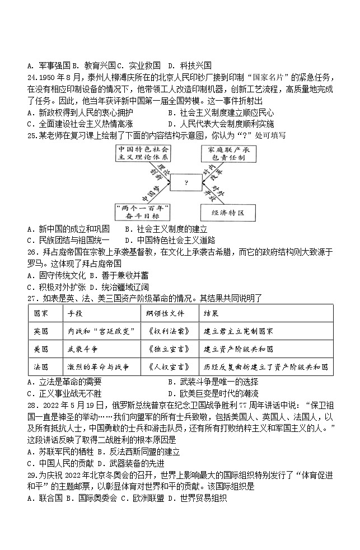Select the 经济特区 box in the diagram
(x=230, y=213)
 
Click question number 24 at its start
(x=32, y=76)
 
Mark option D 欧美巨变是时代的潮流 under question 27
(x=213, y=393)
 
